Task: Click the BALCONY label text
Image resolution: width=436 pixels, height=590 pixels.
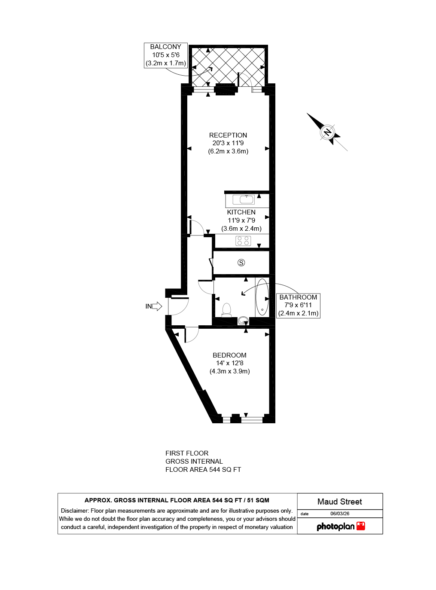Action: pos(165,47)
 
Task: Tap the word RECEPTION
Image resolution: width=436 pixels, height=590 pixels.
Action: pos(228,135)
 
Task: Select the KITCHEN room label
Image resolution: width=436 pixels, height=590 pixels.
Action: pos(241,212)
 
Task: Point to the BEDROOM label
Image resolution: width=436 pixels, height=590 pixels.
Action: pos(229,355)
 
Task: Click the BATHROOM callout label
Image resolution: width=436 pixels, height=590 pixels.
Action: pos(298,297)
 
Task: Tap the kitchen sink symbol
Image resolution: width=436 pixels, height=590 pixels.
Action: pos(244,199)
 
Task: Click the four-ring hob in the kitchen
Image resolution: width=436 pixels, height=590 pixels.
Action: pos(243,241)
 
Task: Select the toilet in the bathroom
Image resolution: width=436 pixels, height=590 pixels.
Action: pos(226,310)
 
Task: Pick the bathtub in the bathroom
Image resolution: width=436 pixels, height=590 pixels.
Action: pos(262,297)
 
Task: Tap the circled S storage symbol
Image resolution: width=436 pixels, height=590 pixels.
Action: pos(241,263)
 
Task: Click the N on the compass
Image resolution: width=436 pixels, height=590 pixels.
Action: pos(327,132)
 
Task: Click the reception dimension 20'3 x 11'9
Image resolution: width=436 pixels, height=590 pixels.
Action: pos(228,143)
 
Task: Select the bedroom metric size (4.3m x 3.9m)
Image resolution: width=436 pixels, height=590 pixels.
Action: pos(229,371)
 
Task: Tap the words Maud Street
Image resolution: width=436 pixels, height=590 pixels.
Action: pos(339,501)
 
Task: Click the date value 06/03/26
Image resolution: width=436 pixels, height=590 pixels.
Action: pos(340,514)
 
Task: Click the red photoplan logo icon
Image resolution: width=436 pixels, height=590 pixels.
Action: pos(361,526)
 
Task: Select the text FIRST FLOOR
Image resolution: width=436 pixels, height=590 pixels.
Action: pos(187,453)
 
